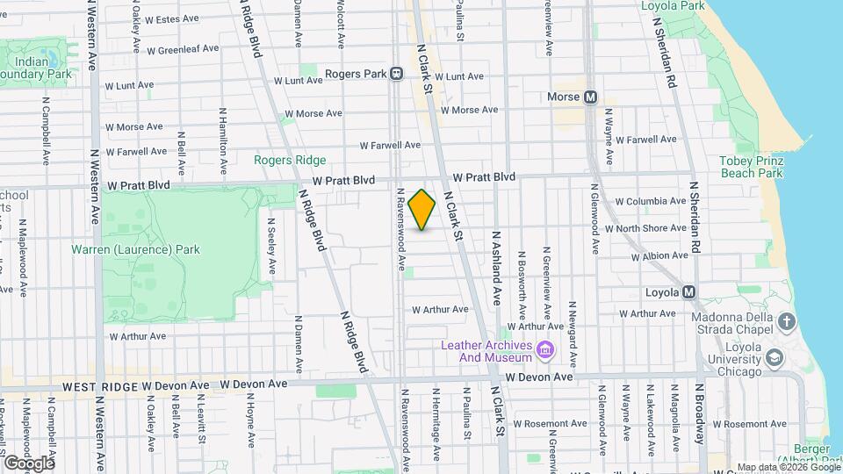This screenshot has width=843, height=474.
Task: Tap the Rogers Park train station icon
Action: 397,75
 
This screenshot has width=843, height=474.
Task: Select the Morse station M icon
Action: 589,97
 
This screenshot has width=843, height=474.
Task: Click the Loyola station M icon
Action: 689,292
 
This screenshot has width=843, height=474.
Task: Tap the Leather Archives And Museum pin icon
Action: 546,351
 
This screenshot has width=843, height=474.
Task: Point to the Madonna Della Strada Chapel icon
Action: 787,322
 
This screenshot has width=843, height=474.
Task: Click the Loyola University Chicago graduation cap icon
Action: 774,357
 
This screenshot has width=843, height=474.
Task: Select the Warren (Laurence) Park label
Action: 135,249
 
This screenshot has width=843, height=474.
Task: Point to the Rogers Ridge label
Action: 290,160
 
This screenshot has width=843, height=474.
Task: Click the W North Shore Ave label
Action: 651,228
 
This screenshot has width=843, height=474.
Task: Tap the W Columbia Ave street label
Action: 650,201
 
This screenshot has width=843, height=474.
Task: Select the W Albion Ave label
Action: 659,256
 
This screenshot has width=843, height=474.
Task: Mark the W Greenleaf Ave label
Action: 183,49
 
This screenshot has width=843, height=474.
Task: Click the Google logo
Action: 29,463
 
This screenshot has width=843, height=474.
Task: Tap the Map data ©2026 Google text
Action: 788,467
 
